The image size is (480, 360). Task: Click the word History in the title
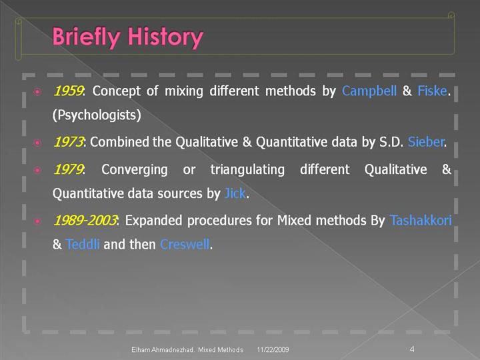tap(165, 37)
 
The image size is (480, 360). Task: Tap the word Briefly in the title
tap(86, 37)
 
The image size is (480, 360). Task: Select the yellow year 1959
tap(68, 91)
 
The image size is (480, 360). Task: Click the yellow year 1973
tap(68, 142)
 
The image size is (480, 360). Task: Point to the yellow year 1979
tap(68, 169)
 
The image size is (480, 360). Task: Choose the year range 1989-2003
tap(85, 221)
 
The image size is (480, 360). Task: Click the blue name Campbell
tap(369, 91)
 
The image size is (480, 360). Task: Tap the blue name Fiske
tap(432, 91)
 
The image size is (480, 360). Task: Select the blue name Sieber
tap(426, 142)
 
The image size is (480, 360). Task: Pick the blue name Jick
tap(235, 193)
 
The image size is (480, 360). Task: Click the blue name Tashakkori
tap(420, 221)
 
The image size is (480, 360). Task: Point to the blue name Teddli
tap(83, 244)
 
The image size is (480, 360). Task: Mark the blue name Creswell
tap(185, 244)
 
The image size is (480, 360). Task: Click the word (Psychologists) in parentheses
tap(97, 115)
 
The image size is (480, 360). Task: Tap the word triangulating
tap(247, 170)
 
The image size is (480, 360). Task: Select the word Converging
tap(135, 170)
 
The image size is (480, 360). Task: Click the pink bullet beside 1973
tap(37, 143)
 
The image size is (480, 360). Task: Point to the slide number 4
tap(412, 349)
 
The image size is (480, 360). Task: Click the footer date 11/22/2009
tap(273, 349)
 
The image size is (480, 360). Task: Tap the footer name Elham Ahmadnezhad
tap(163, 349)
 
